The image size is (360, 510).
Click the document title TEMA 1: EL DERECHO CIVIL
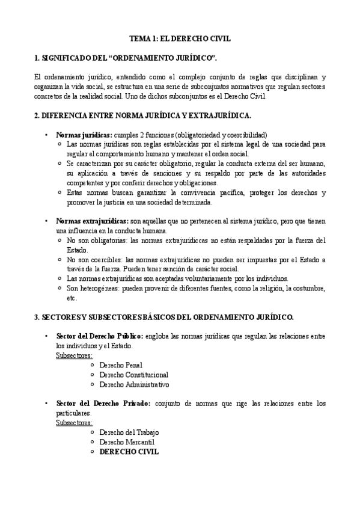[180, 38]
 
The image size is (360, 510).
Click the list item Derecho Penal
[121, 364]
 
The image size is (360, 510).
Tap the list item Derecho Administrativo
[134, 384]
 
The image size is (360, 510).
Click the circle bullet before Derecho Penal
[91, 365]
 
